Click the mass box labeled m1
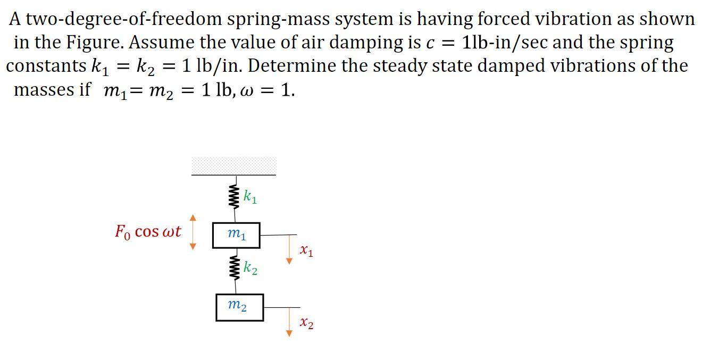236,235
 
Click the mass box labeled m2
239,307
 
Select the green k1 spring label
250,197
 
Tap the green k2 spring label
250,269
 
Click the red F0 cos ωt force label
148,232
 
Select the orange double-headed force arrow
193,232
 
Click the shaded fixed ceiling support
234,165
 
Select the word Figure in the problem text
102,43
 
